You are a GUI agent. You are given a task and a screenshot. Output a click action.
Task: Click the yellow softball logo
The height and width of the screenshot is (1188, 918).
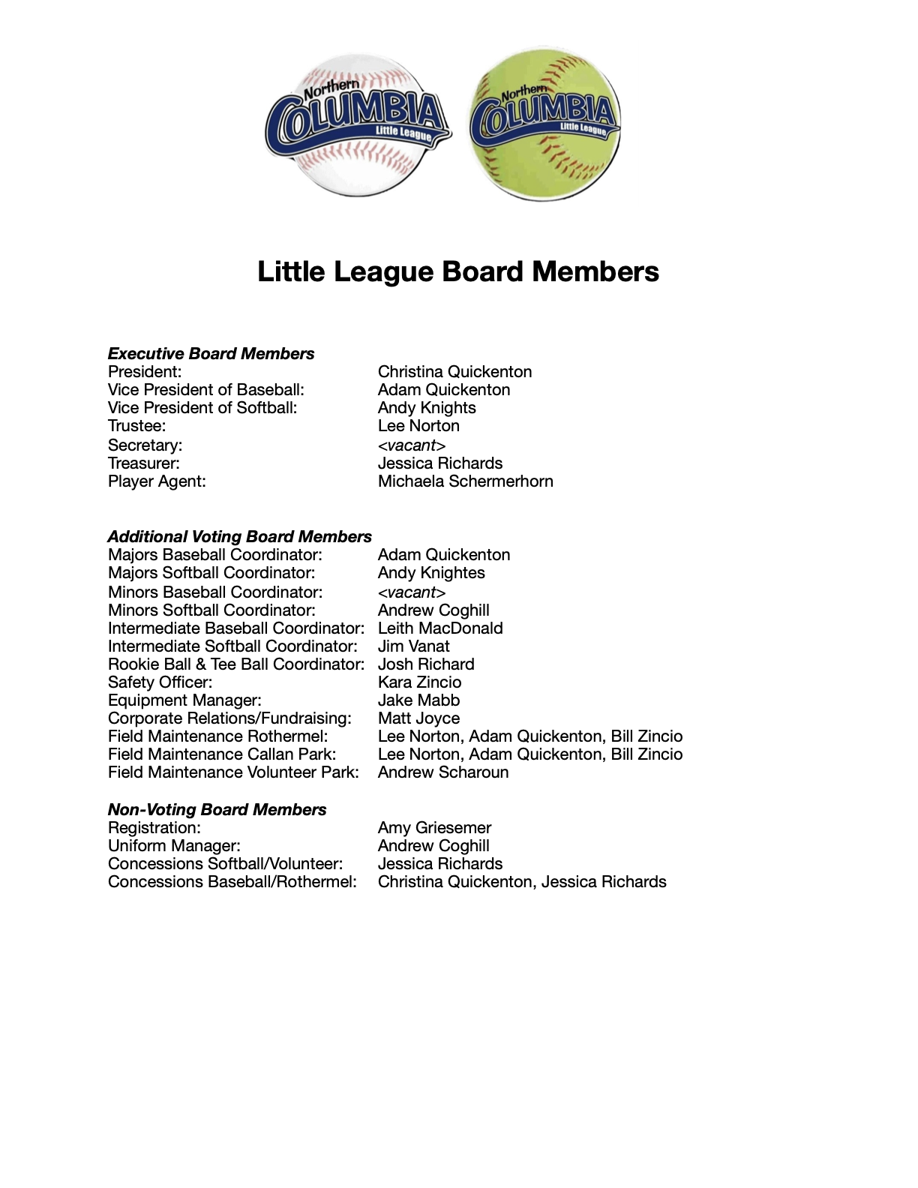point(544,124)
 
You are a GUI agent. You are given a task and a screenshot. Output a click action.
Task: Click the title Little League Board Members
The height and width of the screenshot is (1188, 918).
point(458,271)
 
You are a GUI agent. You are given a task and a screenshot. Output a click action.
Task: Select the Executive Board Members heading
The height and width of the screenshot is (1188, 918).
point(211,353)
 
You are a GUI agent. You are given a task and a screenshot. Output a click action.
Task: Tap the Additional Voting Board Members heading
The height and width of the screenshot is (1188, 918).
point(239,536)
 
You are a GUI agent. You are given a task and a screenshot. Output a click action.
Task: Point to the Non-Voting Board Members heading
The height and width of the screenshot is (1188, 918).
point(217,809)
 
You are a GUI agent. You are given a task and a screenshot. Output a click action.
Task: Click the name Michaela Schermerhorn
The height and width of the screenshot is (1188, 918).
point(465,481)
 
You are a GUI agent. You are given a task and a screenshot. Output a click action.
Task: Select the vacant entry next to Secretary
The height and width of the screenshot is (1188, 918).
point(412,445)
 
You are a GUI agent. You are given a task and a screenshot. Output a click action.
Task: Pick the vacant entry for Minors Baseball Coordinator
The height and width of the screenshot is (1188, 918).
point(412,592)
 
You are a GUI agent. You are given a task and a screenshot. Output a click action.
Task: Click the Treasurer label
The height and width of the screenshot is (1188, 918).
point(144,463)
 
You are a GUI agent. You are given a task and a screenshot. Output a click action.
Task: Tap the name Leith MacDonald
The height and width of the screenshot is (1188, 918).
point(440,628)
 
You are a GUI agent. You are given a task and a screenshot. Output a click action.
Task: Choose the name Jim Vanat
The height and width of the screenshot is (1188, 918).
point(413,646)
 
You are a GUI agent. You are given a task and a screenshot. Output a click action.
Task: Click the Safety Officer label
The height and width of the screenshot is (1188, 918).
point(160,682)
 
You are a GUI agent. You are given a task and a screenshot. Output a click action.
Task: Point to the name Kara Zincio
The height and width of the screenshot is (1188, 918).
point(419,682)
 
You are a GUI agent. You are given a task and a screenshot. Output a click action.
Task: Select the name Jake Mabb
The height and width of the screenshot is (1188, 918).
point(418,700)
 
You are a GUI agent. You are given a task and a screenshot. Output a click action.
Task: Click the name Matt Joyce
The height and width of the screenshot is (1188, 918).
point(418,718)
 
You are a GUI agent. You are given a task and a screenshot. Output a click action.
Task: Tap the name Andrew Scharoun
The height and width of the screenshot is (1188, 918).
point(442,772)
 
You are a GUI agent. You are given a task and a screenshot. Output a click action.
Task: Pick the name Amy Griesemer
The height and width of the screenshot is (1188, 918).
point(434,827)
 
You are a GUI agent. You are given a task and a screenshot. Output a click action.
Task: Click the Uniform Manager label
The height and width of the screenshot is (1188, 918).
point(174,845)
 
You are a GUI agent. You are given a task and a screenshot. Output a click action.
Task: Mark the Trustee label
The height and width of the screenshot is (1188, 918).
point(136,425)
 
